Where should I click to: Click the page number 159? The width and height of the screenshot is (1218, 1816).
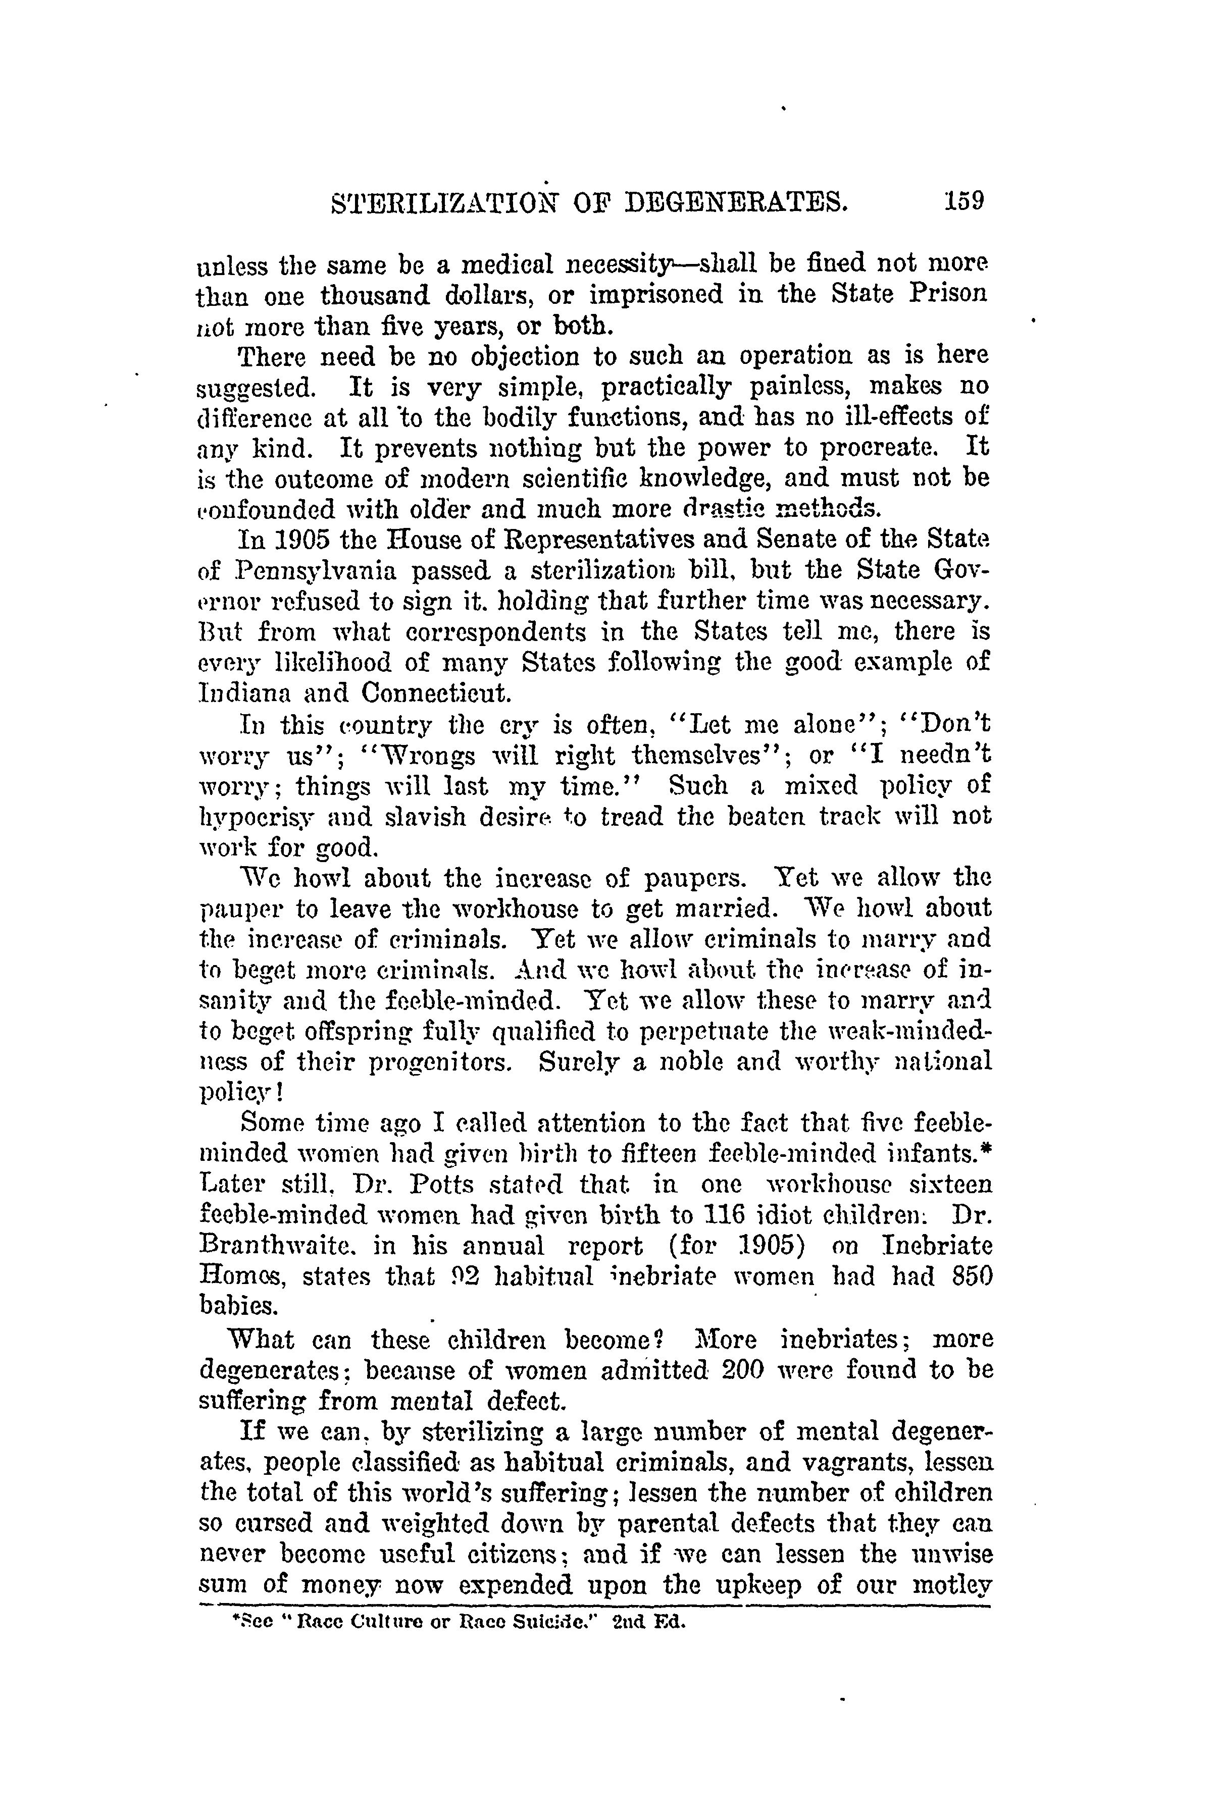(x=964, y=201)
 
